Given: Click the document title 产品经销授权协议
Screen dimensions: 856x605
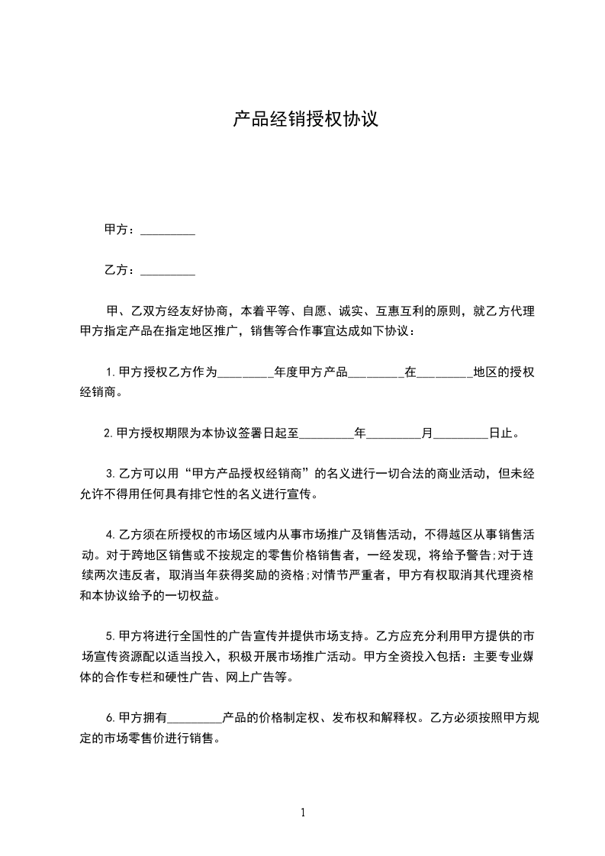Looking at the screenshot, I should tap(305, 120).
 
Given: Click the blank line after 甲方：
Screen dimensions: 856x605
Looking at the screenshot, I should tap(168, 230).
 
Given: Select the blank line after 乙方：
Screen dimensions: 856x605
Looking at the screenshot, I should tap(168, 271).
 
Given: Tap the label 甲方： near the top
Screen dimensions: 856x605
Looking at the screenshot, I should tap(121, 230).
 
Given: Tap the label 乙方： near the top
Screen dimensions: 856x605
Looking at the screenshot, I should tap(121, 270).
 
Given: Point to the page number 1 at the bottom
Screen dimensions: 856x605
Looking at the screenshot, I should tap(303, 813).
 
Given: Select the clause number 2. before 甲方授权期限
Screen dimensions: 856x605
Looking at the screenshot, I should tap(108, 433).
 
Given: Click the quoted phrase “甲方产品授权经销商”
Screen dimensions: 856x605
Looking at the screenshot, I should tap(254, 473).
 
